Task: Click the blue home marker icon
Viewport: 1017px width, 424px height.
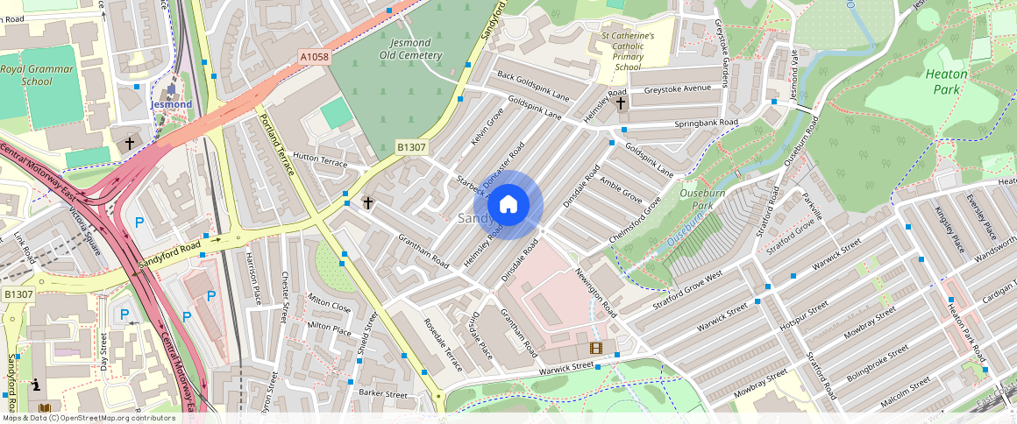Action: click(508, 205)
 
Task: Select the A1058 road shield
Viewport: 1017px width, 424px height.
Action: click(314, 57)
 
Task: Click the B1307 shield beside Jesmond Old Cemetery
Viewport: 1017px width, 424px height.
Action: click(410, 147)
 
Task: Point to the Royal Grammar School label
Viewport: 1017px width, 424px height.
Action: click(38, 74)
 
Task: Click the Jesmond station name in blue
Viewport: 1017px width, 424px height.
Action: click(171, 104)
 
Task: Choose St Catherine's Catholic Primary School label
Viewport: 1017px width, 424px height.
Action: click(628, 52)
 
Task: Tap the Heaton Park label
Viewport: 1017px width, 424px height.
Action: click(946, 81)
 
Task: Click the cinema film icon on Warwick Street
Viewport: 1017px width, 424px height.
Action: click(596, 348)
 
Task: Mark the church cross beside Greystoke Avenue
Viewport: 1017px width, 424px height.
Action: click(621, 103)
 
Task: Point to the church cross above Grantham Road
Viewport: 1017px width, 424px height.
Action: click(368, 202)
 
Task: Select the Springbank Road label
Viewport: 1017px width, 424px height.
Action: click(706, 124)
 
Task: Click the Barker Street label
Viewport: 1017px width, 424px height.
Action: click(383, 394)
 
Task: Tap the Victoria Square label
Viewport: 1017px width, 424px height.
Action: click(85, 229)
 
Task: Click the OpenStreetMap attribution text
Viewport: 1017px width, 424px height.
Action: click(89, 418)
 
